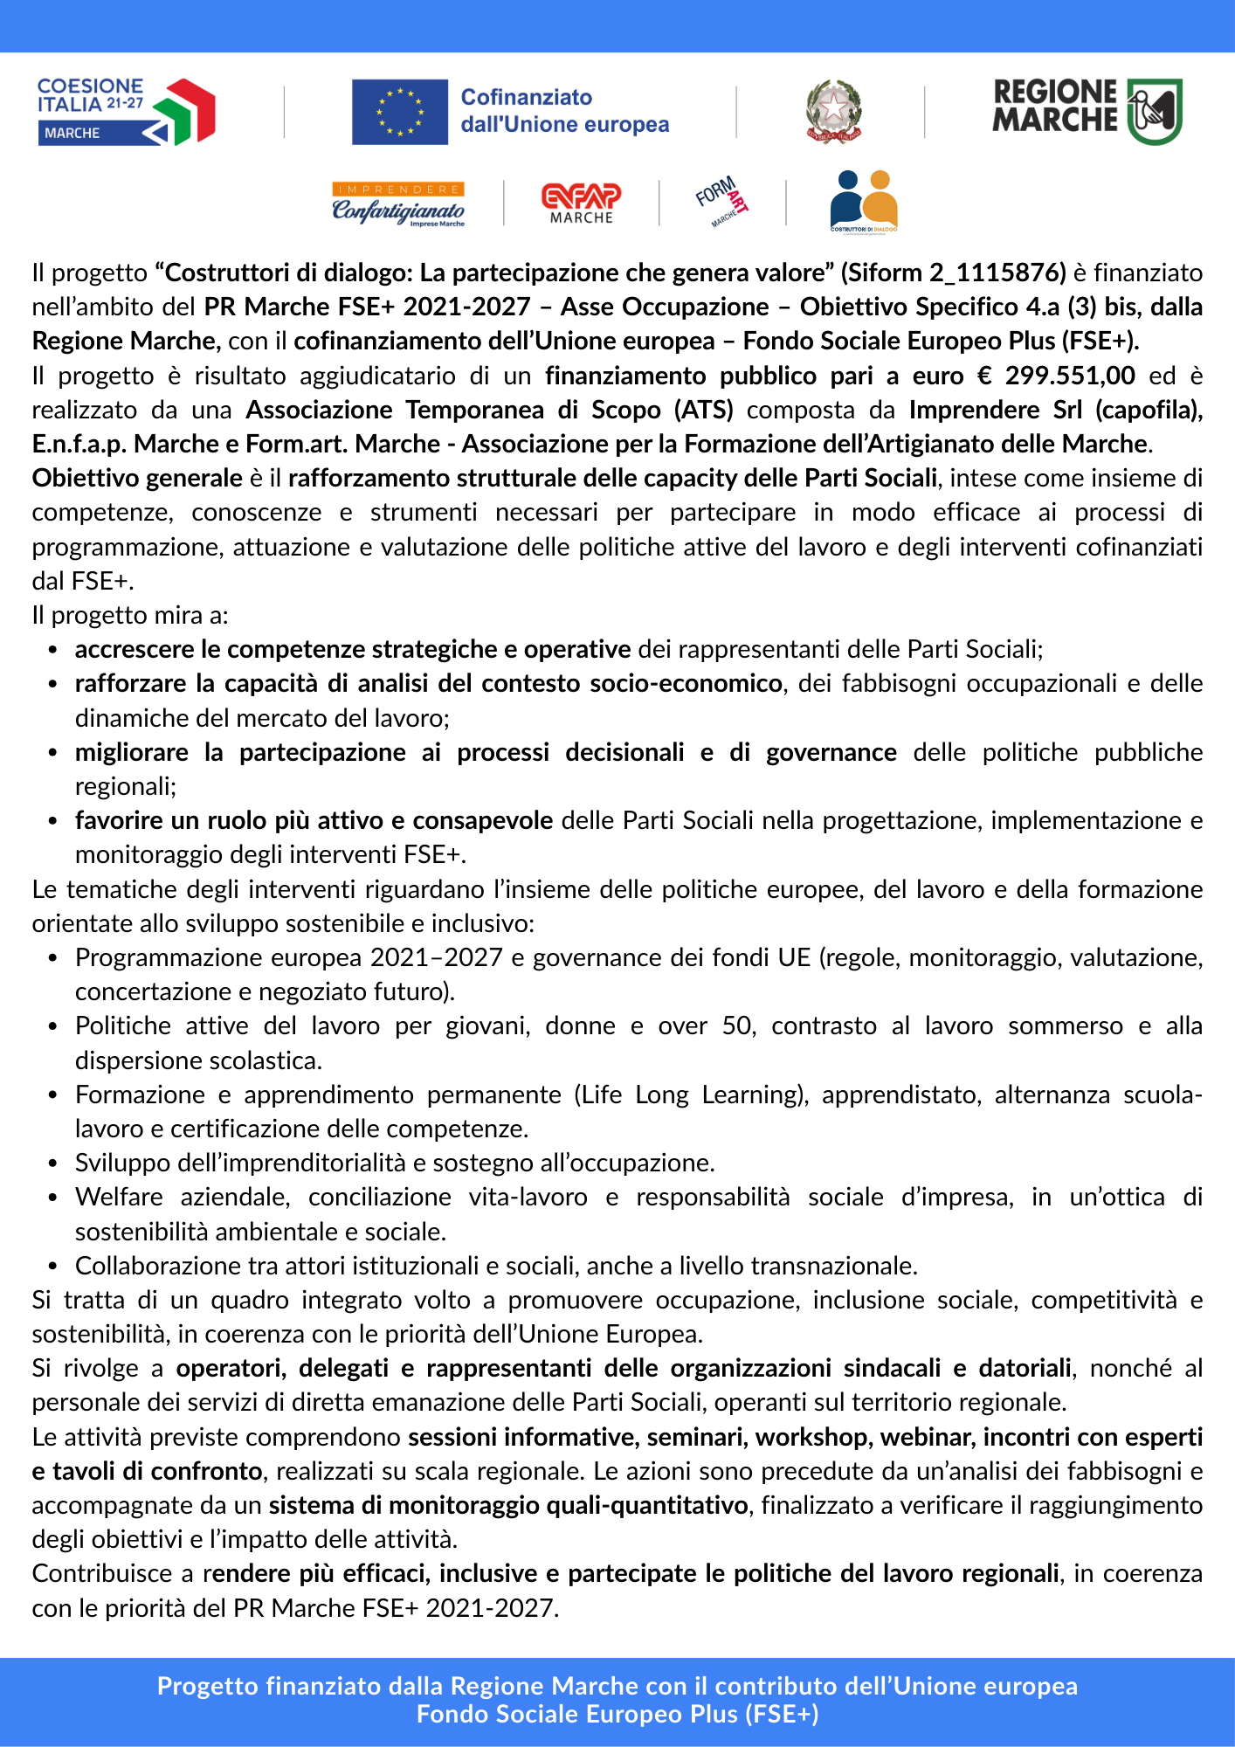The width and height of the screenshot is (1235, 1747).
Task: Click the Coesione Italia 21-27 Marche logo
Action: tap(126, 111)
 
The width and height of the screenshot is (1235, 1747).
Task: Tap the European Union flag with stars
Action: tap(399, 112)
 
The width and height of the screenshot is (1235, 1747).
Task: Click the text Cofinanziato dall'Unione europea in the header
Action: tap(564, 111)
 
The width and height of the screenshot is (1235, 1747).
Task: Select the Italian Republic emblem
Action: tap(833, 111)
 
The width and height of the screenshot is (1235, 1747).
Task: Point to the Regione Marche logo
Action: tap(1087, 111)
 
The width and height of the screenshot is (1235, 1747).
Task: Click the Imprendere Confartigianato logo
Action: tap(398, 204)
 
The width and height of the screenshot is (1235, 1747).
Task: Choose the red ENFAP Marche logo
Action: tap(581, 204)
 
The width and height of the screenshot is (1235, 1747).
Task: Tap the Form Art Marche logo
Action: tap(722, 201)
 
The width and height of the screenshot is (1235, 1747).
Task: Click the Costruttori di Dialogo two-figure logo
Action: tap(863, 202)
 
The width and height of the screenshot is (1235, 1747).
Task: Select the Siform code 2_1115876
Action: tap(997, 273)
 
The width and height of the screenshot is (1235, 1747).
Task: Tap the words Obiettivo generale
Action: tap(137, 479)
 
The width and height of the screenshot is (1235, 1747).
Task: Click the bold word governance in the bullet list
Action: tap(831, 753)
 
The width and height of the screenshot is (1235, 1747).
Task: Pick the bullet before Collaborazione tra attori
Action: tap(53, 1267)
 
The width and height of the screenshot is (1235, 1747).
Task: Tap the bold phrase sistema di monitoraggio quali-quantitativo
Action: tap(508, 1506)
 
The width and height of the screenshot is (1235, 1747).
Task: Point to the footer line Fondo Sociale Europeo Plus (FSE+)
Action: tap(617, 1715)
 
